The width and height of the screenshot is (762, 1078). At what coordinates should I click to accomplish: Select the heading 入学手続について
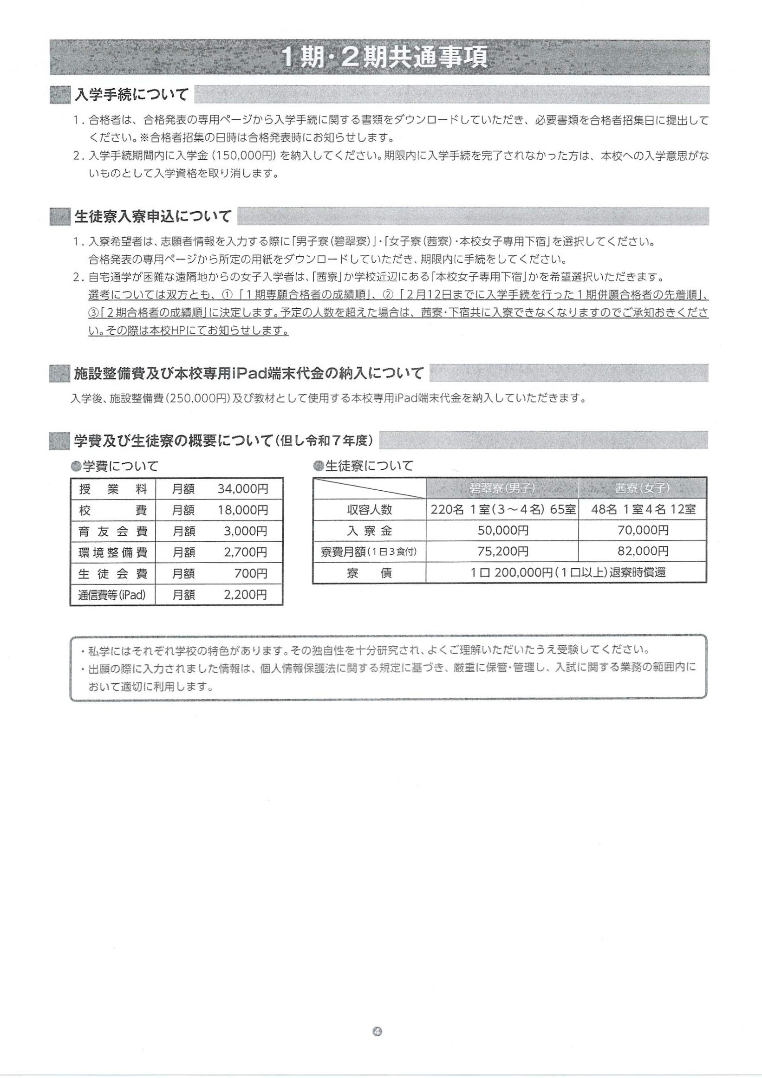(x=131, y=95)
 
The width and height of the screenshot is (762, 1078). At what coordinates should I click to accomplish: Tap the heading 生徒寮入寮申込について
(x=153, y=216)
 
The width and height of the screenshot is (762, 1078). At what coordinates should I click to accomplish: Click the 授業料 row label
(x=113, y=489)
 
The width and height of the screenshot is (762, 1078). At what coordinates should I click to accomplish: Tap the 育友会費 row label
(x=113, y=532)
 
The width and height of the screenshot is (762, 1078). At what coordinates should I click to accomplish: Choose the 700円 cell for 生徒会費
(x=251, y=574)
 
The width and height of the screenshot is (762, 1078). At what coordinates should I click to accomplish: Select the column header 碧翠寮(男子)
(x=502, y=488)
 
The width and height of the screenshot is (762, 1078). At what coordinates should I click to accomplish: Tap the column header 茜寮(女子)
(x=642, y=488)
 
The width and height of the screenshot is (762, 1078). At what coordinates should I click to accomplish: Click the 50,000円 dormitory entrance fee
(x=503, y=531)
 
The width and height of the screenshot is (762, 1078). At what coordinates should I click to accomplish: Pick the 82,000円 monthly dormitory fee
(x=643, y=551)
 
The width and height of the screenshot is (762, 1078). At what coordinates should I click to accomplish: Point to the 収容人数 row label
(x=370, y=510)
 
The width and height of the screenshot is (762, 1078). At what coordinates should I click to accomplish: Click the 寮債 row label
(x=370, y=573)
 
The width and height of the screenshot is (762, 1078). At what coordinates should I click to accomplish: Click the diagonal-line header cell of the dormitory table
(x=370, y=488)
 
